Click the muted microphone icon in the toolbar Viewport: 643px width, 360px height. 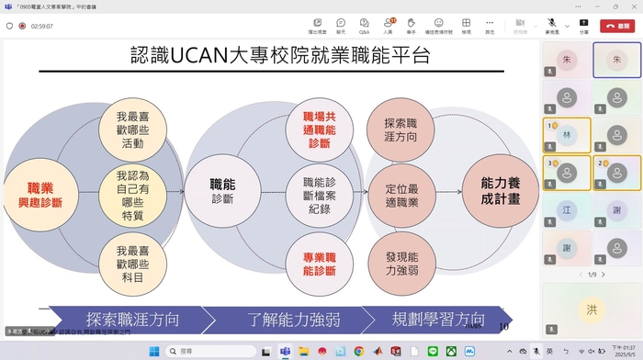pos(552,23)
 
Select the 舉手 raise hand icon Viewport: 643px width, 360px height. pos(411,24)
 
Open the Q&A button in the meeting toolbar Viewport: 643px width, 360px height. pos(365,24)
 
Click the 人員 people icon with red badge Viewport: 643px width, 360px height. pos(388,24)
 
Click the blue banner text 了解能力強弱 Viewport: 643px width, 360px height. pos(293,320)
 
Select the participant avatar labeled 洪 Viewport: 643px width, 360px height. pos(592,309)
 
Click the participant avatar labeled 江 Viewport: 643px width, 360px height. pos(567,210)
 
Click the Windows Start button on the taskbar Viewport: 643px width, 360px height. pos(153,351)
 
